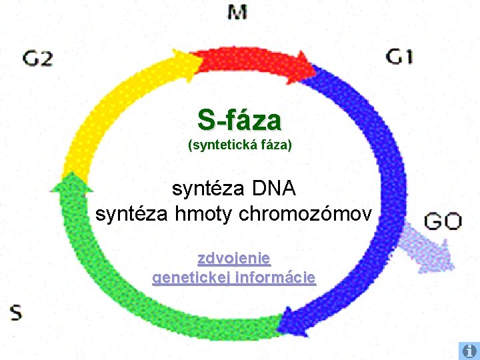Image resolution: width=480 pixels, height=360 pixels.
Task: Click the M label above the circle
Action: point(237,12)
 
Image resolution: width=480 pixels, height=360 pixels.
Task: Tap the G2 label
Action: point(37,58)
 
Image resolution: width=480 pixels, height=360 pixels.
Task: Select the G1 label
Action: point(399,56)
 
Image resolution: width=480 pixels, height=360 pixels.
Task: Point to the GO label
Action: point(443,221)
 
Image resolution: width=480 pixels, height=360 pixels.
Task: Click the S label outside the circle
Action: point(15,311)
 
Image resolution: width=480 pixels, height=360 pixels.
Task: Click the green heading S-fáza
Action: point(239,121)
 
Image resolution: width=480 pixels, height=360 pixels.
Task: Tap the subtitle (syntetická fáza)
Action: point(240,144)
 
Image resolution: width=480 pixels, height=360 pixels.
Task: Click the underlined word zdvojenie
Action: point(234,258)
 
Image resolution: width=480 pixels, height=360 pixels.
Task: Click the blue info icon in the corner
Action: point(468,350)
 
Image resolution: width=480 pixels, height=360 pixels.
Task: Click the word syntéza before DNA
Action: point(209,189)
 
